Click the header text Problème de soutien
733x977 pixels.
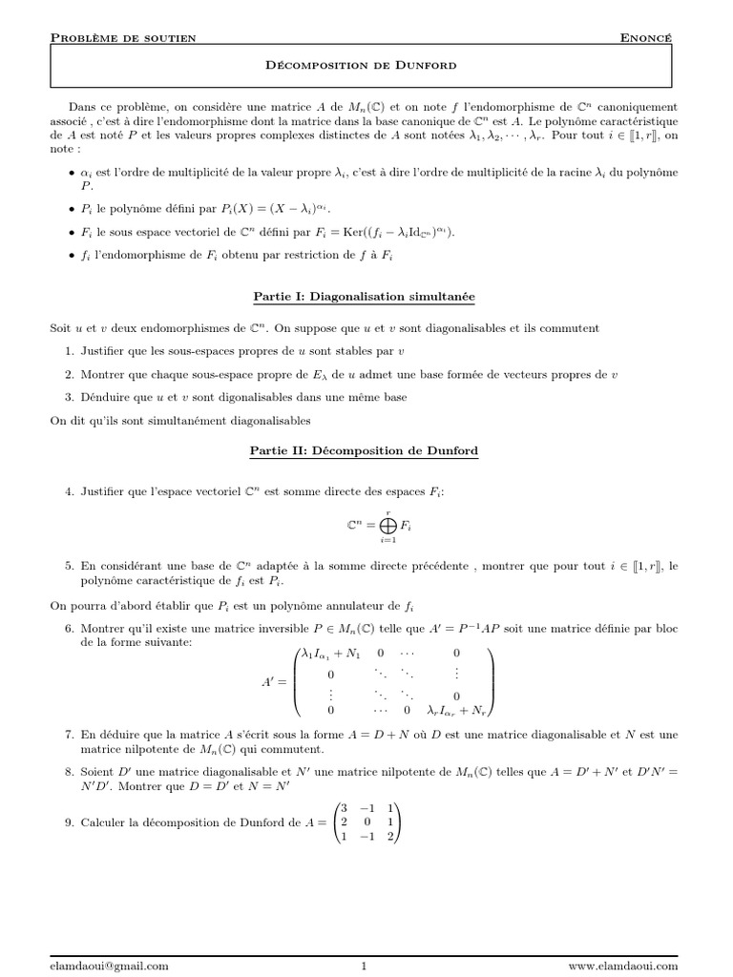pos(123,37)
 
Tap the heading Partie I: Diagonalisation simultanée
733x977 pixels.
pos(365,297)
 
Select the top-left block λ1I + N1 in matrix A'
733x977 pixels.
pos(330,654)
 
